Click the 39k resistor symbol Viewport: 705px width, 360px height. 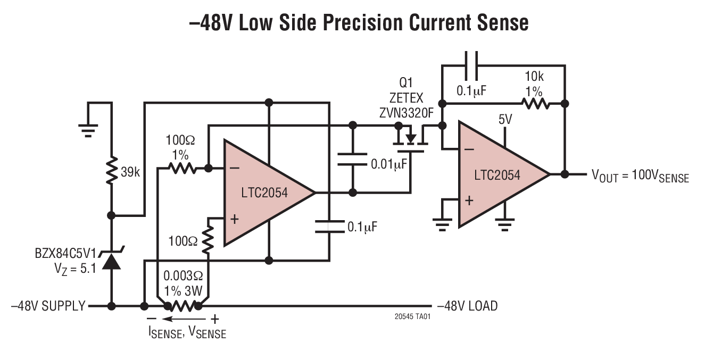(111, 170)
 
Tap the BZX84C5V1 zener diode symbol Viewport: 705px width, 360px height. (111, 260)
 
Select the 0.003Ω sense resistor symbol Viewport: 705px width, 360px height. (183, 306)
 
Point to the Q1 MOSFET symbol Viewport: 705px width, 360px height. (410, 139)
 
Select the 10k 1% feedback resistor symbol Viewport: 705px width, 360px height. (534, 103)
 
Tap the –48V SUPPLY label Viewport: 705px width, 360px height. (48, 306)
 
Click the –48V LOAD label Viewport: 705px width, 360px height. (467, 306)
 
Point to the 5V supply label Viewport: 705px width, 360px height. (505, 120)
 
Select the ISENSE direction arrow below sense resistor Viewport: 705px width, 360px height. (183, 319)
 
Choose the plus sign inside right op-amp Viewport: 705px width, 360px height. (469, 200)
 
